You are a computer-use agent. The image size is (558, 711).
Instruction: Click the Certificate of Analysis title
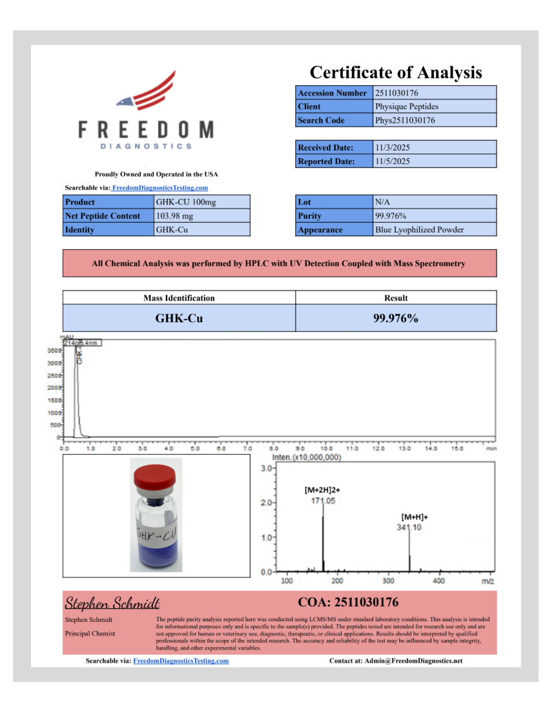pos(395,72)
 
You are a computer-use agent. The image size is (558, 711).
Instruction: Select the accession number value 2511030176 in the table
pos(397,93)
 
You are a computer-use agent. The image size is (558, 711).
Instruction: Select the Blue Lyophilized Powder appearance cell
pos(419,230)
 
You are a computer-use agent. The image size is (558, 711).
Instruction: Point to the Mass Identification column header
pos(179,298)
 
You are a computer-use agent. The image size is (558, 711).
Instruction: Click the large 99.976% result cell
pos(395,318)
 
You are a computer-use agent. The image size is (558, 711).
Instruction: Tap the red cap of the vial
pos(155,480)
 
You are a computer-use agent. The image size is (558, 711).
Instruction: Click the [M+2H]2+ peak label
pos(322,490)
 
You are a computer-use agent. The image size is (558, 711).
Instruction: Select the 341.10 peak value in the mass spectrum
pos(409,528)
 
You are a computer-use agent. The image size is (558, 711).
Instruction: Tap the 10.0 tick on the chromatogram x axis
pos(325,448)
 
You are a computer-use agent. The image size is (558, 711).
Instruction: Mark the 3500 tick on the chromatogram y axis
pos(54,351)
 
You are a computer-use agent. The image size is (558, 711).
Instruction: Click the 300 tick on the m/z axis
pos(388,581)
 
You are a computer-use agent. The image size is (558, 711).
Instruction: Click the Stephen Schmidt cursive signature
pos(112,603)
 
